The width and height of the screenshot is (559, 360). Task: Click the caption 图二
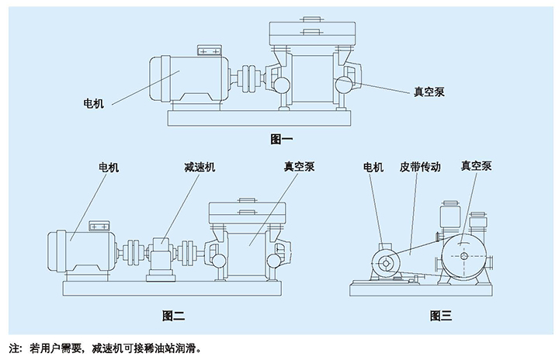173,316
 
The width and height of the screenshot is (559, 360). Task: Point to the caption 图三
440,316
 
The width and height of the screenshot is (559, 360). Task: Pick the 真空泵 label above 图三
476,167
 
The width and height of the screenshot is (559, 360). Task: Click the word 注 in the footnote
12,348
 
